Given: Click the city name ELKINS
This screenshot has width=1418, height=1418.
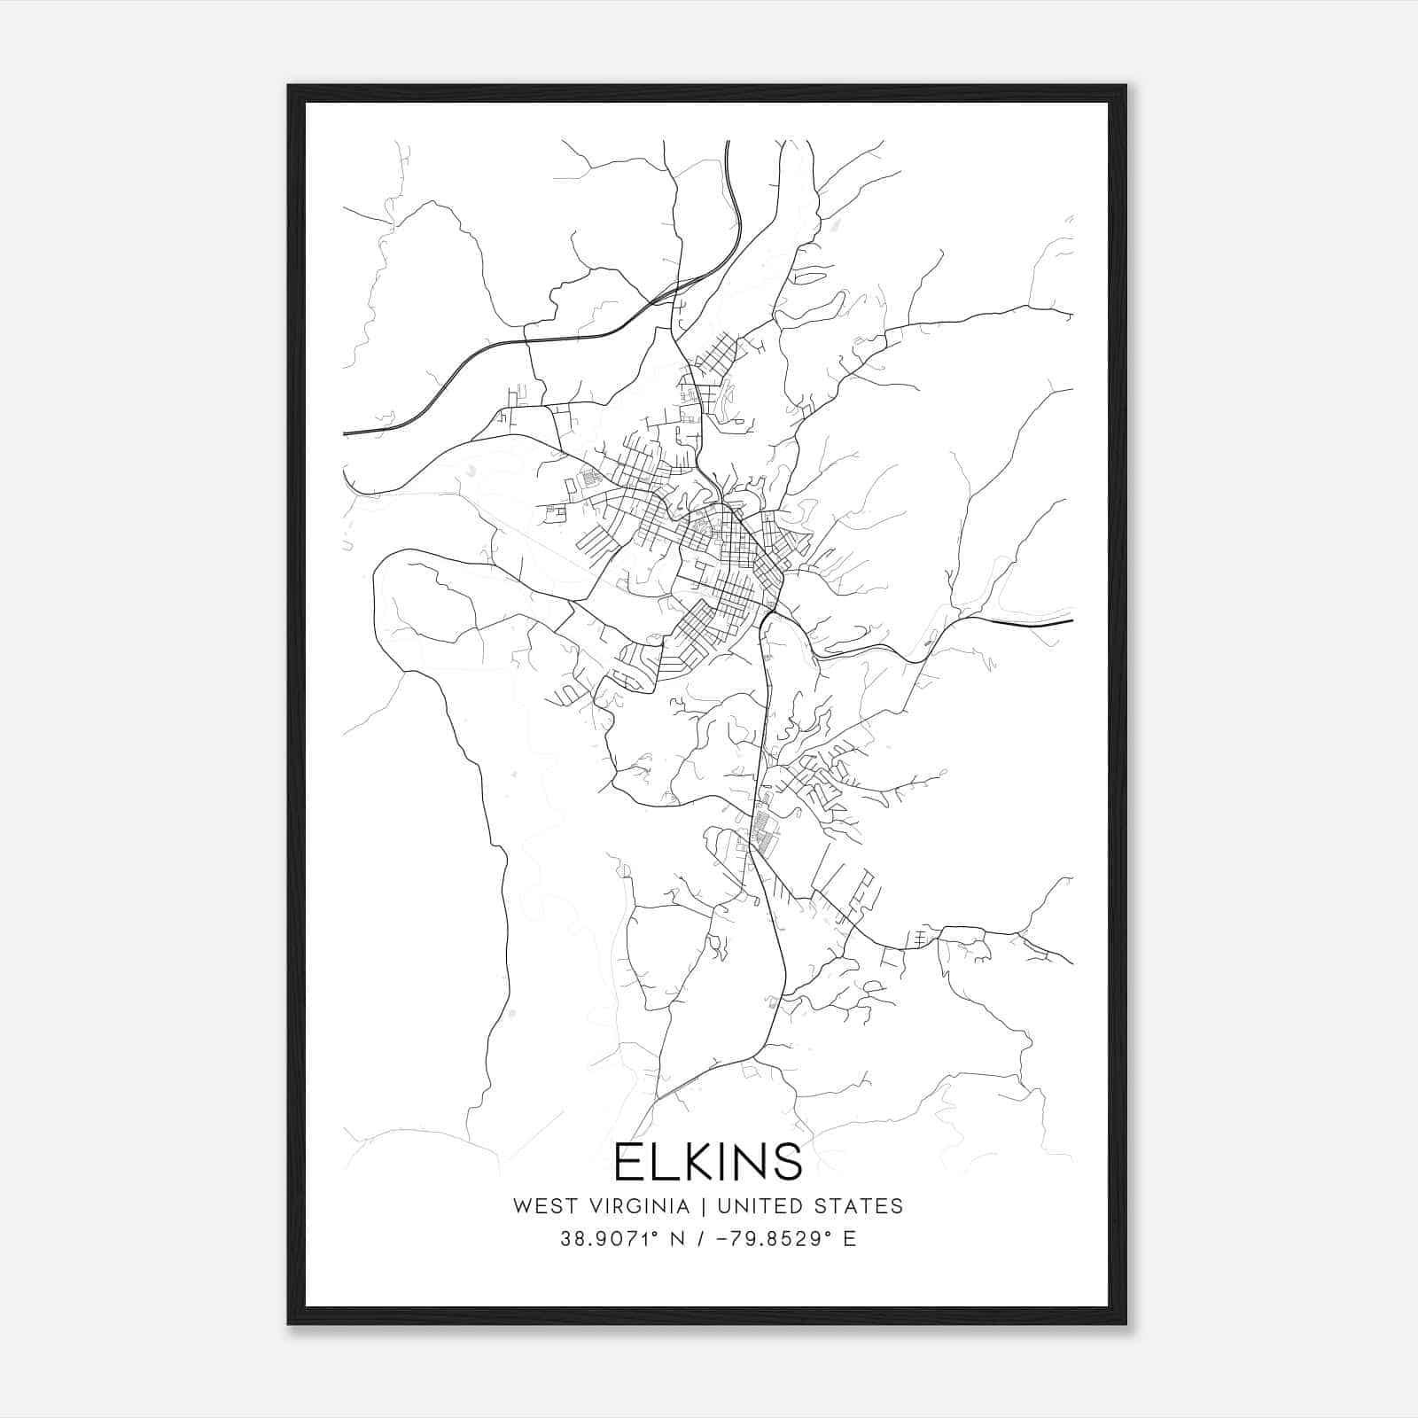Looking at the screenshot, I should pos(708,1162).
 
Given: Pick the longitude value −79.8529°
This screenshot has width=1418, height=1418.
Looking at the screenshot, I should pos(770,1239).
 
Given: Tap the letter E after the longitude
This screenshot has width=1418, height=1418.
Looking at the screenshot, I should pos(849,1239).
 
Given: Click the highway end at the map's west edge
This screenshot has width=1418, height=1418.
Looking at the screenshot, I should pos(347,433).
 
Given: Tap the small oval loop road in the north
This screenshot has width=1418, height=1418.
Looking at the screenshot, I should pos(808,277).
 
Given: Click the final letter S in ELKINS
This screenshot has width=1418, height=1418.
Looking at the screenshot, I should pos(785,1162).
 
